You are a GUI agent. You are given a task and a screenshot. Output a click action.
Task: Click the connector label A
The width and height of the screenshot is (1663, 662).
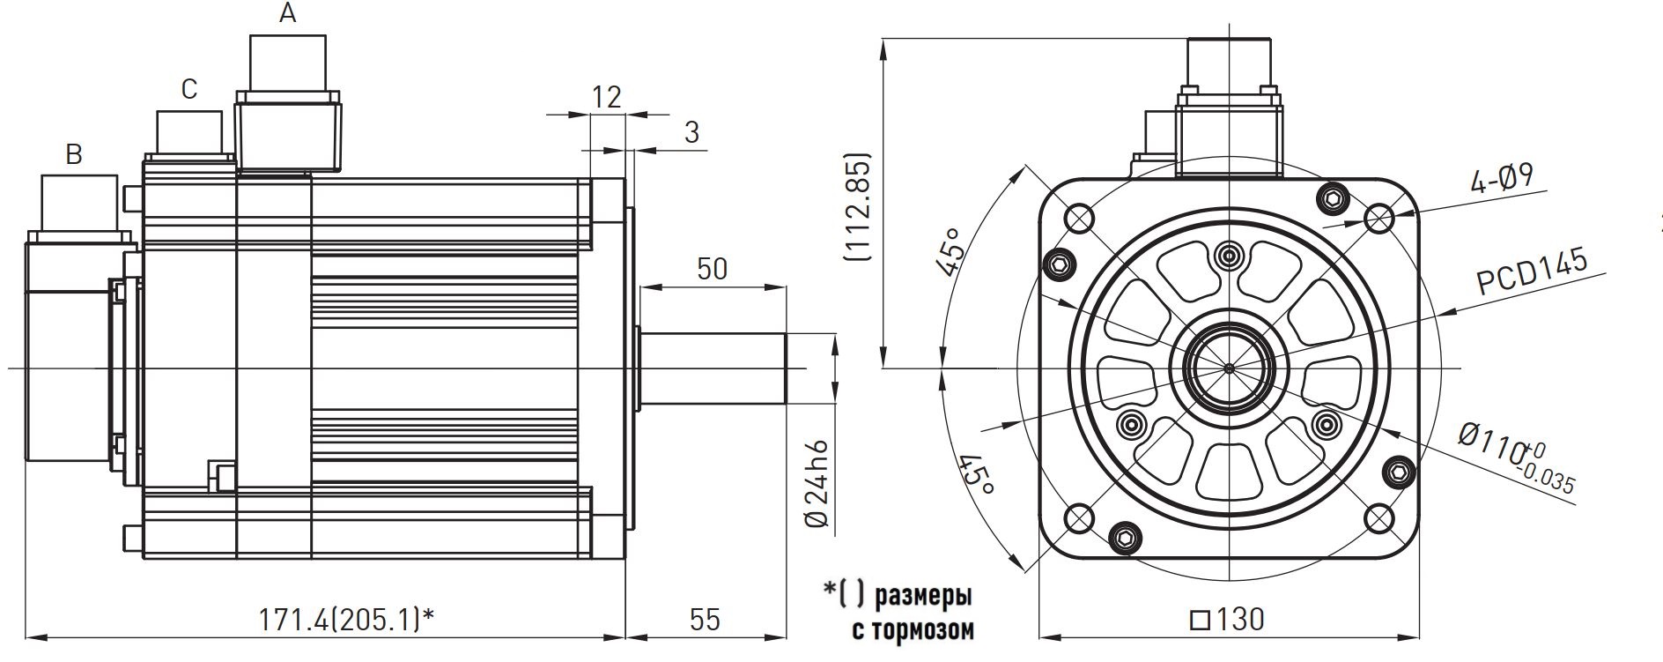coord(287,14)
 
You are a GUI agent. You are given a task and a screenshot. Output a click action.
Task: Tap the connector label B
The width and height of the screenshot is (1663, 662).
coord(74,155)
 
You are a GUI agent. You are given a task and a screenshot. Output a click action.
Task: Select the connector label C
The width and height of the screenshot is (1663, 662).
coord(188,89)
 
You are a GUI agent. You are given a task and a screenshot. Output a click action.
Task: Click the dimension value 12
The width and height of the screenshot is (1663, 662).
coord(606,96)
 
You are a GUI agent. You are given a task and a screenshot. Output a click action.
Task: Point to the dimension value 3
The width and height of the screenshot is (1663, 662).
coord(691,132)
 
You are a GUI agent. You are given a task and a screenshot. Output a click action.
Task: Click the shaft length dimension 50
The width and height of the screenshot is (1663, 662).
coord(712,268)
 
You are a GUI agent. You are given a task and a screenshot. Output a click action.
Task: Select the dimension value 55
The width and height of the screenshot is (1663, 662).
coord(705,620)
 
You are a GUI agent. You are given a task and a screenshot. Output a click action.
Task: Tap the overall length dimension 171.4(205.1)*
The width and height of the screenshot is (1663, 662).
coord(345,620)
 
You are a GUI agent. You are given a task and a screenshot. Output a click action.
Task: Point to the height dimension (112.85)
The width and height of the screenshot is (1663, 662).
coord(857,208)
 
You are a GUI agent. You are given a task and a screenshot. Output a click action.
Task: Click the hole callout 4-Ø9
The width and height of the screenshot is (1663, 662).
coord(1501,180)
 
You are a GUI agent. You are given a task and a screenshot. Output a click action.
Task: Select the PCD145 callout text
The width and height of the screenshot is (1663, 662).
coord(1532,272)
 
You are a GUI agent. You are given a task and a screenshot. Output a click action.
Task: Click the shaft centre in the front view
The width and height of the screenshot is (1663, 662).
coord(1229,367)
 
